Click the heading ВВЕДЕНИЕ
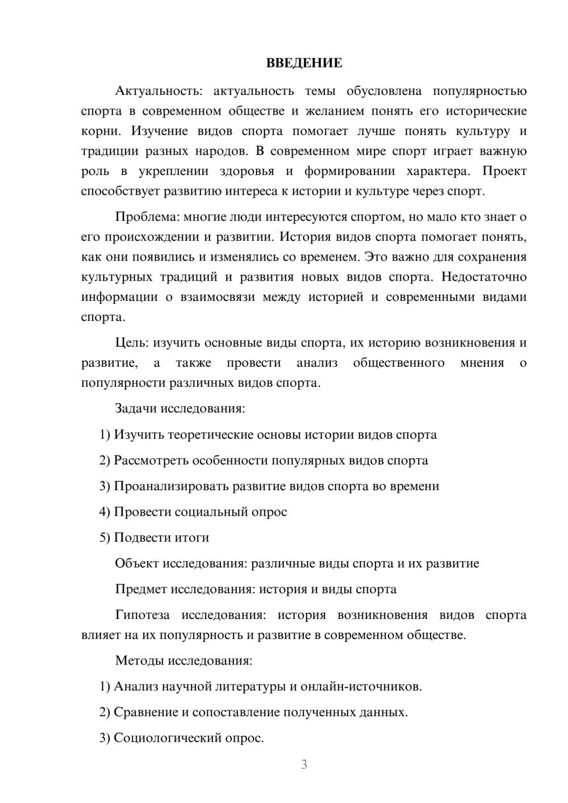(x=304, y=63)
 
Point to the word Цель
(x=132, y=343)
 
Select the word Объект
(x=137, y=563)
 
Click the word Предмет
(x=140, y=589)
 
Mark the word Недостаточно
(x=484, y=277)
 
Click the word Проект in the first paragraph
(x=504, y=171)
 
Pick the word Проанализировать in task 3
(x=171, y=486)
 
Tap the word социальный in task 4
(x=210, y=512)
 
